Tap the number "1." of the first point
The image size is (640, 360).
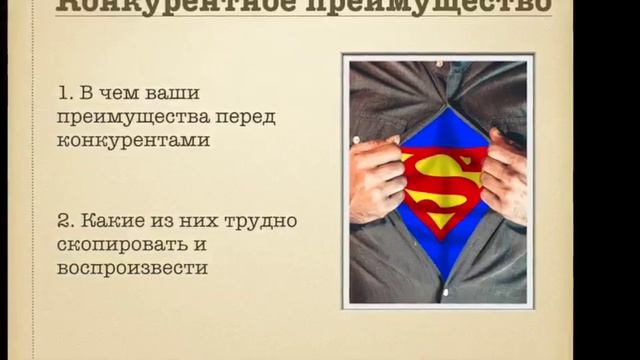(67, 94)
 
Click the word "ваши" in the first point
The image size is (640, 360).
(172, 94)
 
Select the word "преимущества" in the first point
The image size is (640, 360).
(128, 117)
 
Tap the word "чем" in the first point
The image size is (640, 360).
(124, 94)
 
